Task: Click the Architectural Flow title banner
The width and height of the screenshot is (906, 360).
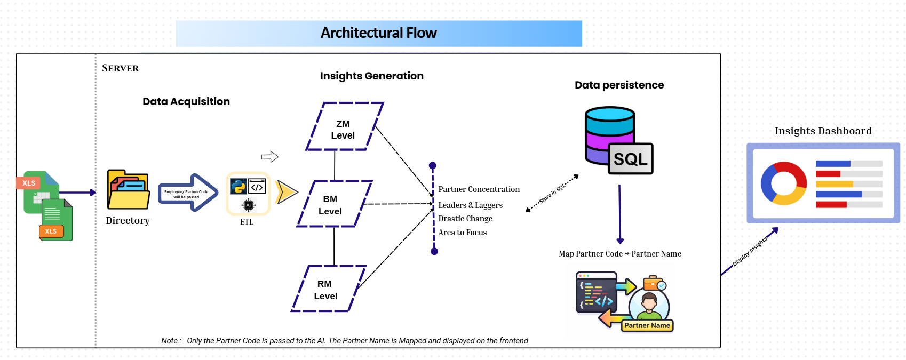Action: pos(379,33)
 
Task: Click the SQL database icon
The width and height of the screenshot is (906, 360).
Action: pos(618,140)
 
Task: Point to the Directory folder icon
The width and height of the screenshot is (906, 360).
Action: pos(128,189)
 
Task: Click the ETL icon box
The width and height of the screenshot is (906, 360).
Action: pos(248,194)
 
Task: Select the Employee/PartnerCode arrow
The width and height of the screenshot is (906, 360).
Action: pos(188,193)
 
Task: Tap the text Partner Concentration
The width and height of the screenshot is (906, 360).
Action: pos(479,189)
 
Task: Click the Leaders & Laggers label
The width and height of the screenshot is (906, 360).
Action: pos(471,205)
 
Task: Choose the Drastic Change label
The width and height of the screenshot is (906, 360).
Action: pos(465,219)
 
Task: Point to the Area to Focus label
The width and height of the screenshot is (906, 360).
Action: pos(462,232)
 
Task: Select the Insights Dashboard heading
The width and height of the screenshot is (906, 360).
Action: pos(823,131)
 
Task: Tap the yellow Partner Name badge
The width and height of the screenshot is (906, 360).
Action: pos(647,326)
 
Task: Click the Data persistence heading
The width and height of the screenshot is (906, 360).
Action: pos(619,85)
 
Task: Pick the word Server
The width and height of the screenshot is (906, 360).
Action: pos(120,68)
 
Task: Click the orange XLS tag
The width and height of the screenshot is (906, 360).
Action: pos(51,231)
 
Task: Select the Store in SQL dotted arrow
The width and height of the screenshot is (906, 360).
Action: pos(552,194)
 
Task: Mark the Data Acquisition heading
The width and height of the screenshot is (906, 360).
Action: pos(186,101)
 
